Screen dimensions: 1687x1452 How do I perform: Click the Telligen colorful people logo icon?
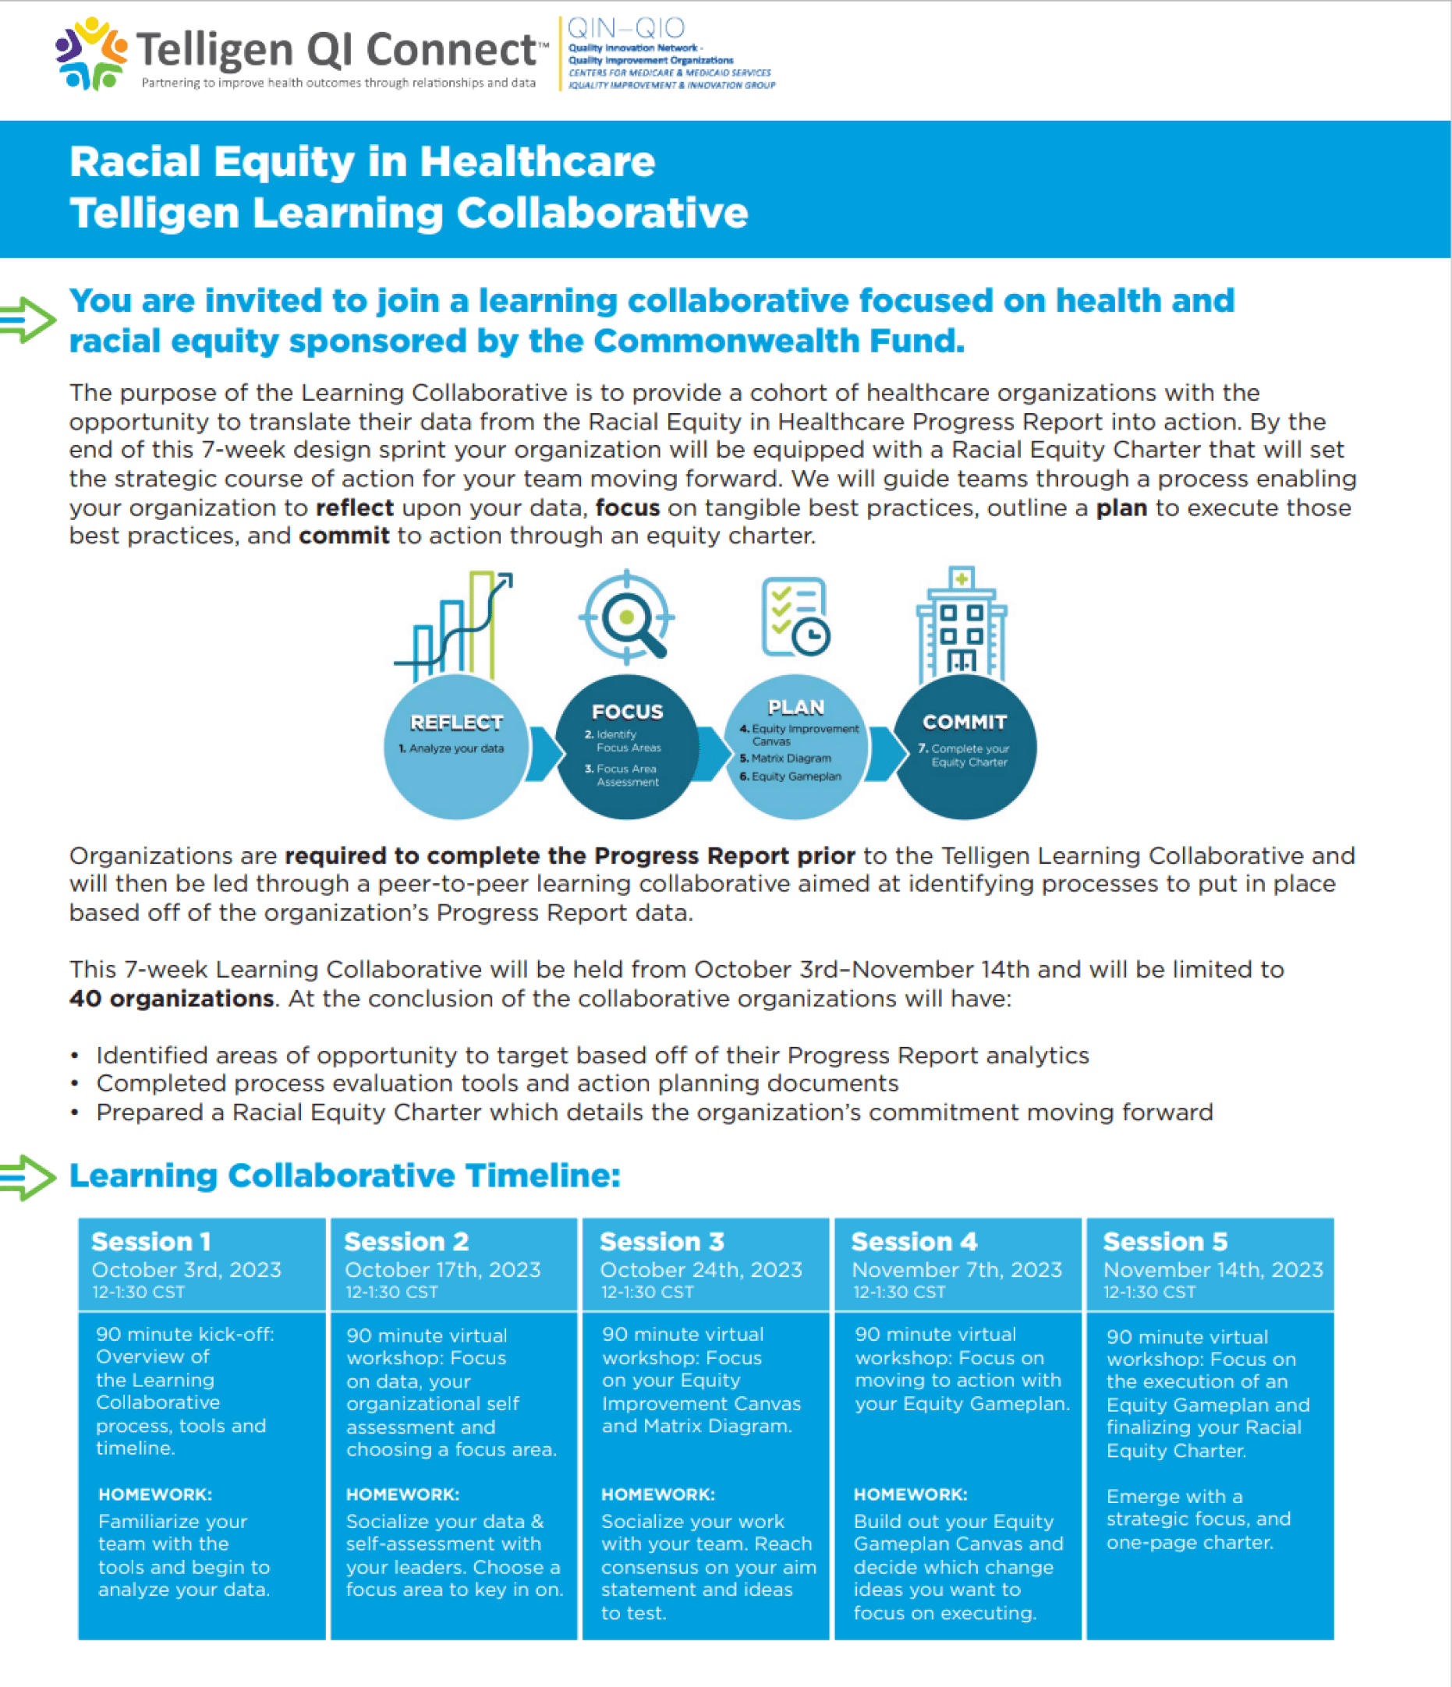tap(90, 54)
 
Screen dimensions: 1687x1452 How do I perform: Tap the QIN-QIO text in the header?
tap(625, 29)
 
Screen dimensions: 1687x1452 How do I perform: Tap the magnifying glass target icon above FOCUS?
tap(626, 617)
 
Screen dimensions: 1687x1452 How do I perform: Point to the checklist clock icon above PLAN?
tap(795, 617)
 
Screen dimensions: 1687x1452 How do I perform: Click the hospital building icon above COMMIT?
tap(962, 624)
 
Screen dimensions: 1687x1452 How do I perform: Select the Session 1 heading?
tap(151, 1241)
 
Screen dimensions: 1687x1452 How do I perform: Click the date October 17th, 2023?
tap(442, 1269)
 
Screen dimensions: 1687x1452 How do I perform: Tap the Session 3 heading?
tap(661, 1241)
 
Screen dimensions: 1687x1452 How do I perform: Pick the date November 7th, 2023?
tap(956, 1269)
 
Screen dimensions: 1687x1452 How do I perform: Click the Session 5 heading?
tap(1164, 1241)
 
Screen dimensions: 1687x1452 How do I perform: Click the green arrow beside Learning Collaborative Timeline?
tap(28, 1176)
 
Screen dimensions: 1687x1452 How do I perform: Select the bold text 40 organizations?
tap(171, 998)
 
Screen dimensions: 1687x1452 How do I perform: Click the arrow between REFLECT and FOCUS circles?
tap(544, 754)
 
